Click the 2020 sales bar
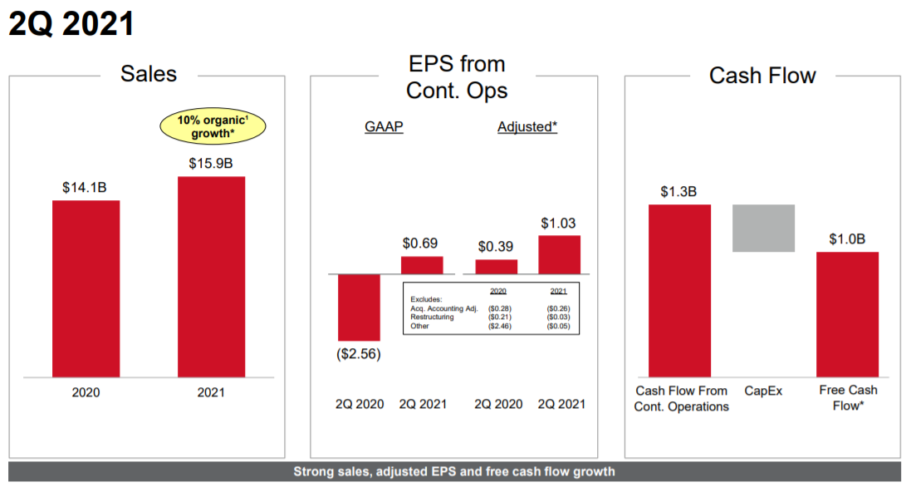(x=86, y=288)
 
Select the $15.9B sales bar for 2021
(x=211, y=277)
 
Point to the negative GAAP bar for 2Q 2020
(x=359, y=307)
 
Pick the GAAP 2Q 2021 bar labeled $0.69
(x=422, y=265)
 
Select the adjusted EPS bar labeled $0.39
(x=496, y=267)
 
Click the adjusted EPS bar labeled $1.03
(x=559, y=254)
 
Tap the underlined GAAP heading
(x=384, y=127)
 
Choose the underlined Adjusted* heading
(x=527, y=127)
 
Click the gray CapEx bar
(x=763, y=228)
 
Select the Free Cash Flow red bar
(x=847, y=314)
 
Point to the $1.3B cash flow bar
(x=679, y=290)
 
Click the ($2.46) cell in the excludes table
(x=499, y=326)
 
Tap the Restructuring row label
(x=433, y=317)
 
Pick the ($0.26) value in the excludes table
(x=558, y=308)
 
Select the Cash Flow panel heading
(x=762, y=76)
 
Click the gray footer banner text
(x=454, y=472)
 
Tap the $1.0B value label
(x=847, y=239)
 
